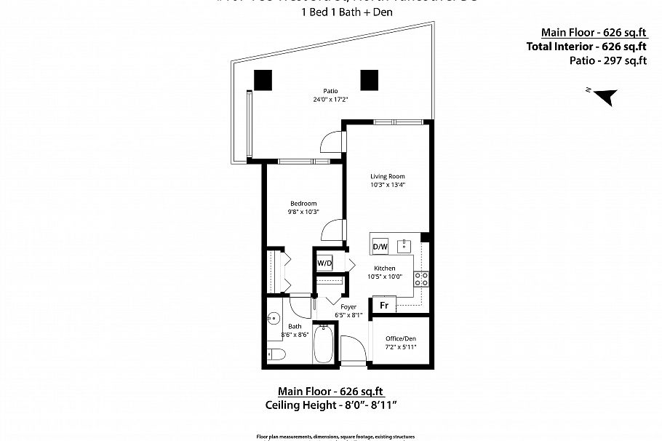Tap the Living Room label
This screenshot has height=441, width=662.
[387, 176]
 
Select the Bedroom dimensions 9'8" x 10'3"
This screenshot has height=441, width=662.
[304, 211]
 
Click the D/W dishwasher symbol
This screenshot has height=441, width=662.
[380, 247]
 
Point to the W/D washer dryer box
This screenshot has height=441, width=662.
[324, 263]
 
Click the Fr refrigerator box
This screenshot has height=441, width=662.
[383, 305]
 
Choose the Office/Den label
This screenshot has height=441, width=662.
[401, 338]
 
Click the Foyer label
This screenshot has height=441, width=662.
[348, 307]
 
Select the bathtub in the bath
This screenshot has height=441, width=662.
[324, 346]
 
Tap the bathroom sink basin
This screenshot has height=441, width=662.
[274, 319]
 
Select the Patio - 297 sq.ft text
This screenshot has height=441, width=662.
[608, 60]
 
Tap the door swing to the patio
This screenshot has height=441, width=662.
[331, 141]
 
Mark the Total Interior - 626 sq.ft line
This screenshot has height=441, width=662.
[586, 46]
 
